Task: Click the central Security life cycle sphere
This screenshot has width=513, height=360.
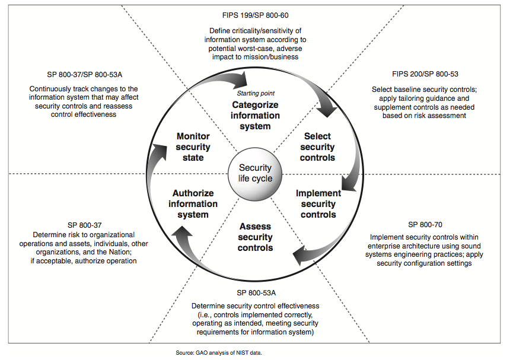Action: (x=256, y=173)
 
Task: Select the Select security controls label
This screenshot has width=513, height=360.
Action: (x=317, y=146)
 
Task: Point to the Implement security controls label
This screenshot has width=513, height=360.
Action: (x=318, y=203)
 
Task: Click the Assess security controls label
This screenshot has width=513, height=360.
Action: (x=255, y=237)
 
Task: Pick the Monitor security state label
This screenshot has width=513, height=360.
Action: (x=193, y=146)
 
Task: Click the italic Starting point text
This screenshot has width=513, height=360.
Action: (x=256, y=93)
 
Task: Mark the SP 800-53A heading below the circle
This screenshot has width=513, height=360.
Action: (x=256, y=292)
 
